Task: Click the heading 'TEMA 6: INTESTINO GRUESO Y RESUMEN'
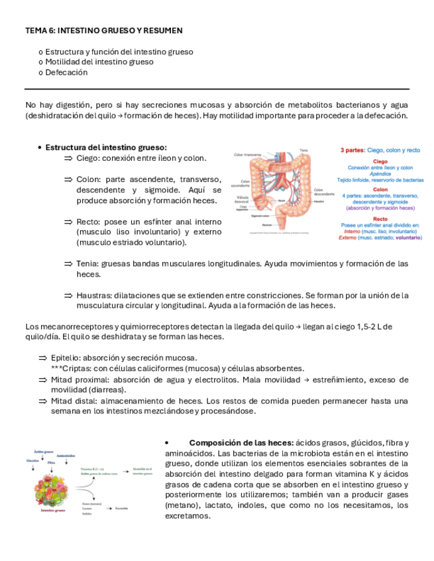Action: (x=104, y=30)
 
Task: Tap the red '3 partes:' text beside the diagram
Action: (x=352, y=150)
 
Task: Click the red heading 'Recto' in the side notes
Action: (x=380, y=218)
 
